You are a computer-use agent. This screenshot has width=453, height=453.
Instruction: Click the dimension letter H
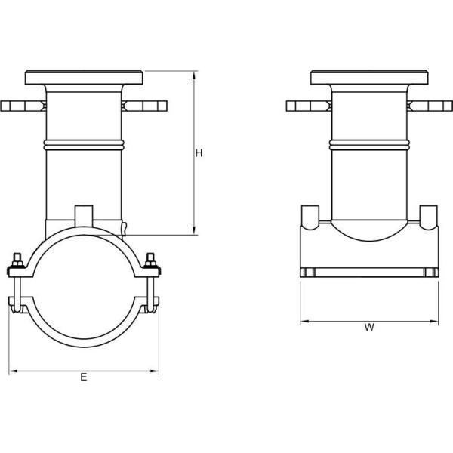(x=199, y=153)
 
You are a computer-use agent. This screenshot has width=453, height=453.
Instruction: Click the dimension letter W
(x=369, y=328)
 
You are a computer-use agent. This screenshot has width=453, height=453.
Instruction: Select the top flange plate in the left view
(x=84, y=78)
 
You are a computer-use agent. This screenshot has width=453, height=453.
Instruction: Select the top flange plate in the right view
(x=369, y=78)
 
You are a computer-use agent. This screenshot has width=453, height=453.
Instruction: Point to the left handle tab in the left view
(x=23, y=106)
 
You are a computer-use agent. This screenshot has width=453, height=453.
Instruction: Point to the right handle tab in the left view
(x=144, y=106)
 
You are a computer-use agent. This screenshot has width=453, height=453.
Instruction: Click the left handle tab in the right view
(x=309, y=106)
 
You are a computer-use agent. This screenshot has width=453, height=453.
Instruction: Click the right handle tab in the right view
(x=430, y=106)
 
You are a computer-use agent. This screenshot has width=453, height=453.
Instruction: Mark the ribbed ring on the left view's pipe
(x=84, y=143)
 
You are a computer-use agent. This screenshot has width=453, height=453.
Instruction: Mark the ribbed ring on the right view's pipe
(x=369, y=143)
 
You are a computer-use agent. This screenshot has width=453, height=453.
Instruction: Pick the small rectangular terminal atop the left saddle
(x=84, y=214)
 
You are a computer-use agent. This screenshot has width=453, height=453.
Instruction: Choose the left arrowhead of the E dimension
(x=11, y=371)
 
